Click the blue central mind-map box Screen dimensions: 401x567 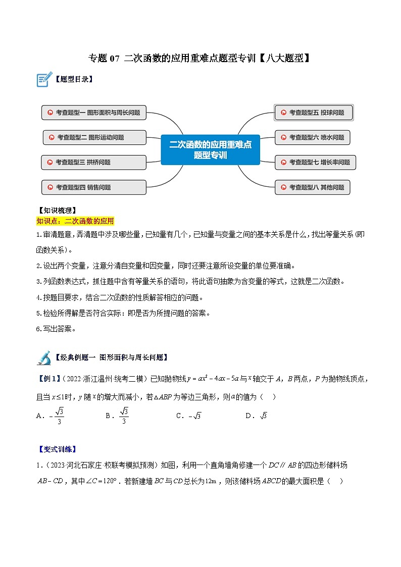210,149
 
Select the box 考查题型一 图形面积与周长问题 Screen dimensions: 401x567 94,113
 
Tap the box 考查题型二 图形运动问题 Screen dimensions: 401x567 95,137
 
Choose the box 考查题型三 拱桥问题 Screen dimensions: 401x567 94,162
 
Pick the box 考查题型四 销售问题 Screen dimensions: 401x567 94,187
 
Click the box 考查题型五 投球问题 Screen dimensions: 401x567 314,113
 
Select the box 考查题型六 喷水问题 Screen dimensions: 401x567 313,137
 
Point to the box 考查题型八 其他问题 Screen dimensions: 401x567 313,187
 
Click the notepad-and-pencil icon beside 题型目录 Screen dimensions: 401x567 44,79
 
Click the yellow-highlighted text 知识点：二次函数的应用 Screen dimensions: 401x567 75,221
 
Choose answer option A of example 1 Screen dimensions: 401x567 51,416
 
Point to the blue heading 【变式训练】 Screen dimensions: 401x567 57,449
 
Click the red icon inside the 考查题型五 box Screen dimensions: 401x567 283,113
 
